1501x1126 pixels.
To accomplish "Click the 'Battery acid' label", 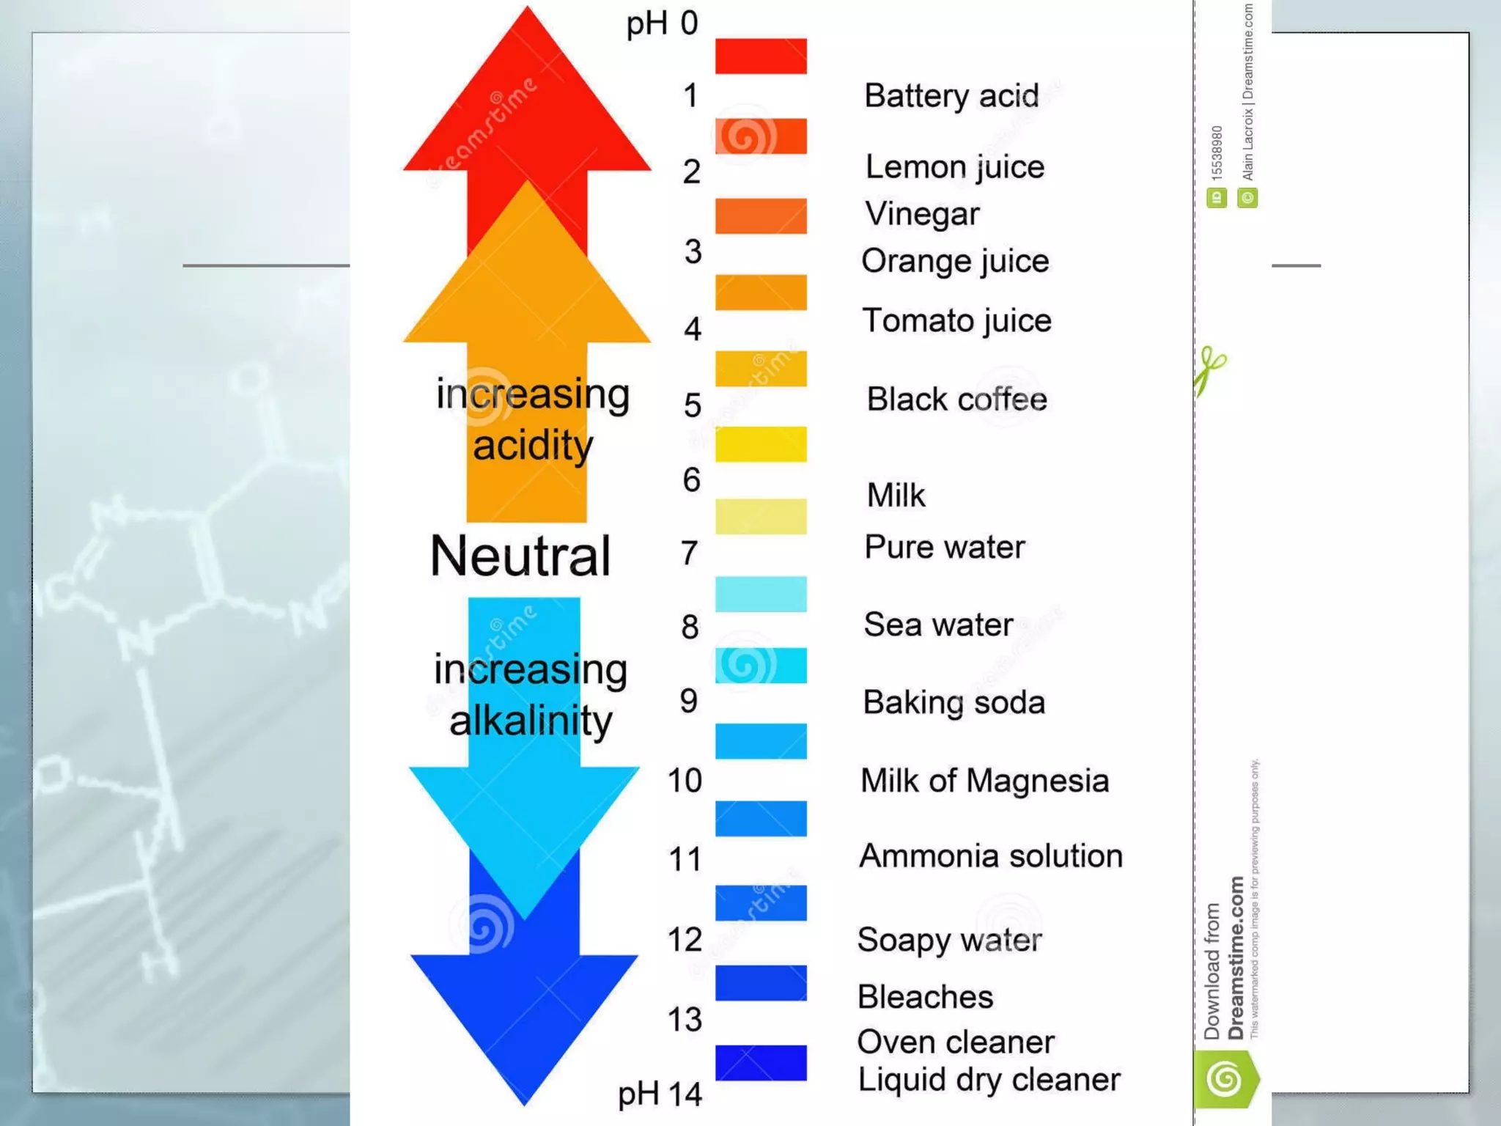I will pos(951,96).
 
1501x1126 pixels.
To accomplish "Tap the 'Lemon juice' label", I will pos(954,168).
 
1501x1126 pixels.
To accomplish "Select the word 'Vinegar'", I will pos(922,214).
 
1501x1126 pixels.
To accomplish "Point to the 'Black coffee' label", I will pos(956,400).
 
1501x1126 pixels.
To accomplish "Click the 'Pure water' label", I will pos(944,548).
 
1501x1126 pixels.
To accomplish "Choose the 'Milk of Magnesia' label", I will pos(984,781).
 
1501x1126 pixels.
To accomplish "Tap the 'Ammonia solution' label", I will pos(990,856).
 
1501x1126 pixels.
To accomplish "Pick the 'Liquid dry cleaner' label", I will pos(989,1080).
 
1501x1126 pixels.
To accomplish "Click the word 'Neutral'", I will pos(520,556).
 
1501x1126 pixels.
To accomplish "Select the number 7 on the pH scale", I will pos(689,553).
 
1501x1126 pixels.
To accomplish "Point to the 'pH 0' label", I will pos(662,23).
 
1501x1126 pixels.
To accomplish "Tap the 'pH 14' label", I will pos(660,1094).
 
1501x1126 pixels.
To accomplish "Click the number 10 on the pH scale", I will pos(685,781).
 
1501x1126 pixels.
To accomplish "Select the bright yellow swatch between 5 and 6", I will pos(761,444).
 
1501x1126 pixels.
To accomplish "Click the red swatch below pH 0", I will pos(761,56).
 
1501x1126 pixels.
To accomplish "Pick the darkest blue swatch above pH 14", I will pos(761,1063).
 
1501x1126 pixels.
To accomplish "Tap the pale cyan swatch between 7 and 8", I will pos(761,594).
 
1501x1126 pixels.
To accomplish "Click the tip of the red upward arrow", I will pos(527,10).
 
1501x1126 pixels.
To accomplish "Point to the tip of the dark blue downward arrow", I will pos(525,1102).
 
